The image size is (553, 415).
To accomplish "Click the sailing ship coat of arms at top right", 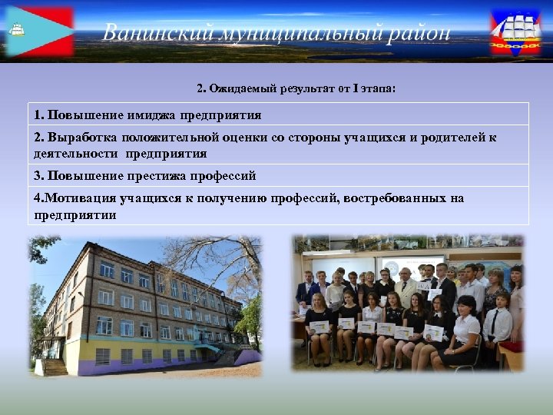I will pyautogui.click(x=515, y=32).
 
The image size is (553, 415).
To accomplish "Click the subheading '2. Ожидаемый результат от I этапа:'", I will pyautogui.click(x=296, y=89).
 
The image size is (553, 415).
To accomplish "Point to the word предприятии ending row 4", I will pyautogui.click(x=75, y=215).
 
